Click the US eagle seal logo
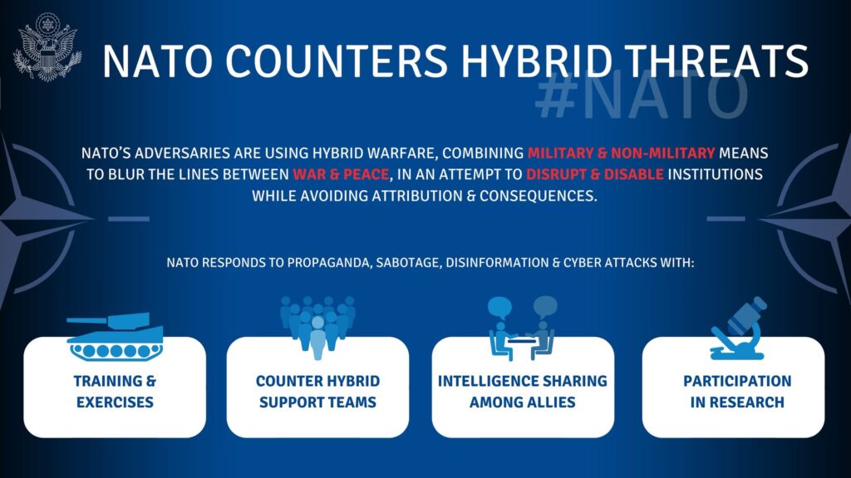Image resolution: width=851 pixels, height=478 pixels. click(x=47, y=47)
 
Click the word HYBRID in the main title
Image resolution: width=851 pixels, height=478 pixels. click(x=538, y=61)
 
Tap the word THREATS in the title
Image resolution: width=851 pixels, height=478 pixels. click(x=716, y=61)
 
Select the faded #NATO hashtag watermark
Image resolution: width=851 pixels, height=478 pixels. click(x=642, y=96)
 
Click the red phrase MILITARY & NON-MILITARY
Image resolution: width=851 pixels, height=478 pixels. click(x=621, y=153)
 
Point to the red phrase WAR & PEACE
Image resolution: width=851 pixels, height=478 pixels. click(x=341, y=174)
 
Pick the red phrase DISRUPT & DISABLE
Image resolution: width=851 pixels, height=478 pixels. click(x=595, y=174)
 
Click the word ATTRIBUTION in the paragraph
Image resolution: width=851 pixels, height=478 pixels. click(x=417, y=196)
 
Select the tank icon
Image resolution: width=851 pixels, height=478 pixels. click(x=115, y=337)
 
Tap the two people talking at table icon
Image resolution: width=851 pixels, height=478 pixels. click(x=522, y=329)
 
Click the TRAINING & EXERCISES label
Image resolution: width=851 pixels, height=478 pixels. click(x=115, y=392)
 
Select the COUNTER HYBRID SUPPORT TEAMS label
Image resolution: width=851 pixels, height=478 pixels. click(x=317, y=392)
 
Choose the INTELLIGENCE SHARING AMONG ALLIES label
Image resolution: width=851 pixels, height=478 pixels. click(x=523, y=392)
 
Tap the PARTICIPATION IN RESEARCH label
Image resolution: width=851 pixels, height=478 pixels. click(x=737, y=392)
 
